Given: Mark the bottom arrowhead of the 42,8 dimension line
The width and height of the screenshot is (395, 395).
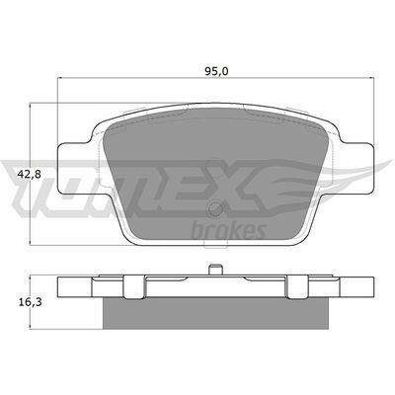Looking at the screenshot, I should [x=38, y=242].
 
